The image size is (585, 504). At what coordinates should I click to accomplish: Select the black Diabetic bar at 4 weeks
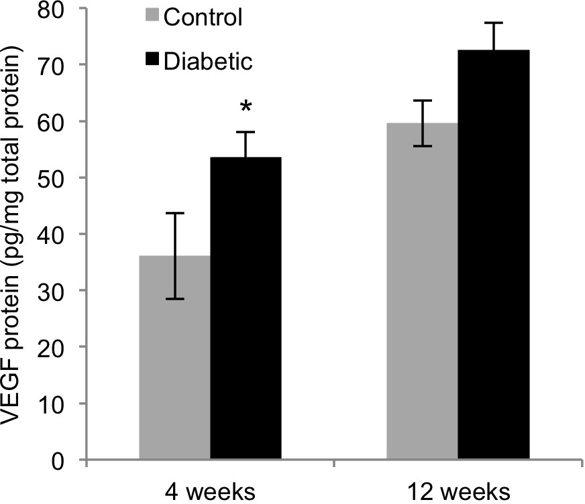click(x=246, y=308)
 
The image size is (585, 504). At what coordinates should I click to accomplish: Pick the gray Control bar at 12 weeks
click(x=423, y=292)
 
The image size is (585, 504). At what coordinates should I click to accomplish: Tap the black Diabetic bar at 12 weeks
click(x=494, y=255)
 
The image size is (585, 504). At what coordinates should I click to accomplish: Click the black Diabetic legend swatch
click(x=153, y=60)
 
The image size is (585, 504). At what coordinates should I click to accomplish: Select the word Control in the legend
click(x=202, y=17)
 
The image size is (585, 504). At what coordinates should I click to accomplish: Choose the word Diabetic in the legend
click(x=207, y=61)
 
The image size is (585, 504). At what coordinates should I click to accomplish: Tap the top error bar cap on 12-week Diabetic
click(x=494, y=23)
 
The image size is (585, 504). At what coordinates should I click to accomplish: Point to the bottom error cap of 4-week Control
click(x=174, y=299)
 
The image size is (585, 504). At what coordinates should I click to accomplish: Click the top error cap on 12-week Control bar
click(x=423, y=101)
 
